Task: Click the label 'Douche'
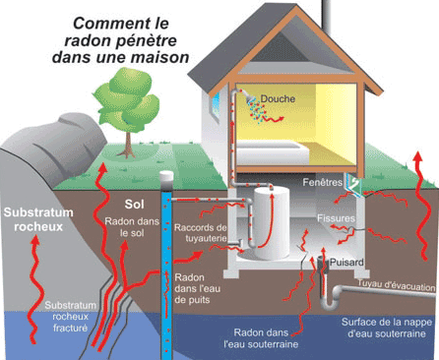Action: pyautogui.click(x=278, y=98)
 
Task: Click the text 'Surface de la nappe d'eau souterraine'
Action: pyautogui.click(x=383, y=328)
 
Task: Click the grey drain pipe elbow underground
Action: pyautogui.click(x=338, y=292)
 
